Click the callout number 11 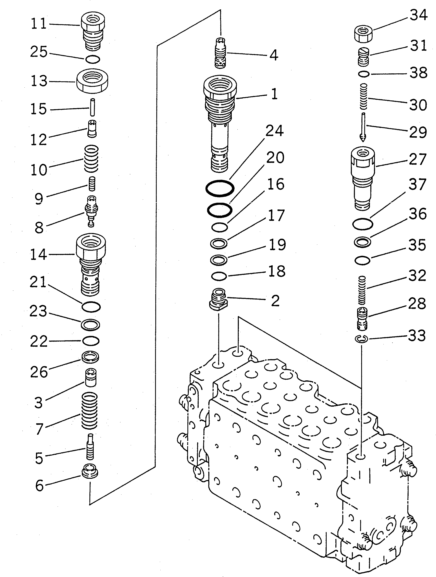(x=39, y=24)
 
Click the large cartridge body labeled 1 (x=220, y=123)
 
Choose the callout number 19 (x=277, y=244)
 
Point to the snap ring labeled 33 (x=361, y=339)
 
